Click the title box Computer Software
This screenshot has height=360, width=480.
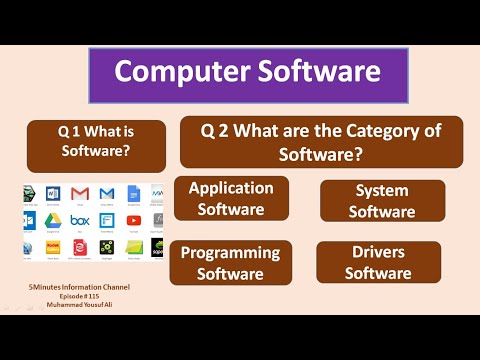point(248,72)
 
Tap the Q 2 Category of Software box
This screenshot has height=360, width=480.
point(321,141)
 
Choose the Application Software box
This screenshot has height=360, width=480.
point(231,198)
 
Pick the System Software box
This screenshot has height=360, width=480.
point(384,201)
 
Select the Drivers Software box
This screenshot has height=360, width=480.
point(381,262)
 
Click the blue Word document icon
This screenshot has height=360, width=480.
point(55,192)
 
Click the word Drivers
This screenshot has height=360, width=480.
point(381,252)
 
